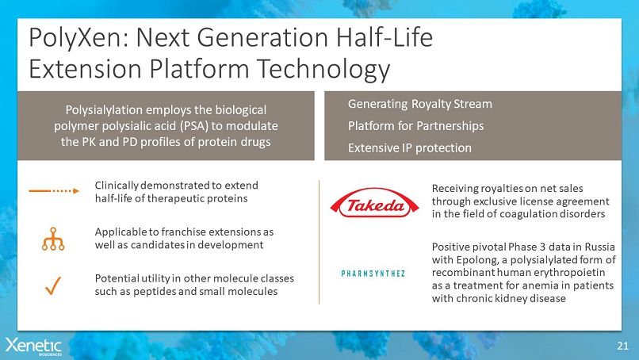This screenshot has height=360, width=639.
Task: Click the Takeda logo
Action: [x=374, y=203]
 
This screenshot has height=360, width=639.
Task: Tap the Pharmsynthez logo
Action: [x=373, y=274]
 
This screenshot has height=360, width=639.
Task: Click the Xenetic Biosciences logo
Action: [x=33, y=347]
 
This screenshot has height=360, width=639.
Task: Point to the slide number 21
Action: [x=622, y=347]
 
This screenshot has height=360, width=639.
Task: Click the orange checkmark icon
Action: [x=53, y=285]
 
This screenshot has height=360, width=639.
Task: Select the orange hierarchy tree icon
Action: [x=53, y=239]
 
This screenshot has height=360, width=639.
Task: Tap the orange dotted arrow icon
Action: [x=54, y=191]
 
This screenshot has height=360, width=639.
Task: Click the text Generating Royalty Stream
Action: [x=419, y=105]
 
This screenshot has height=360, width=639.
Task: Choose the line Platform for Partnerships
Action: [x=415, y=126]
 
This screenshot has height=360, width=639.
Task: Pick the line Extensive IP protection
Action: [x=410, y=148]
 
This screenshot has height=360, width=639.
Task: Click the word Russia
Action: [x=600, y=247]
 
